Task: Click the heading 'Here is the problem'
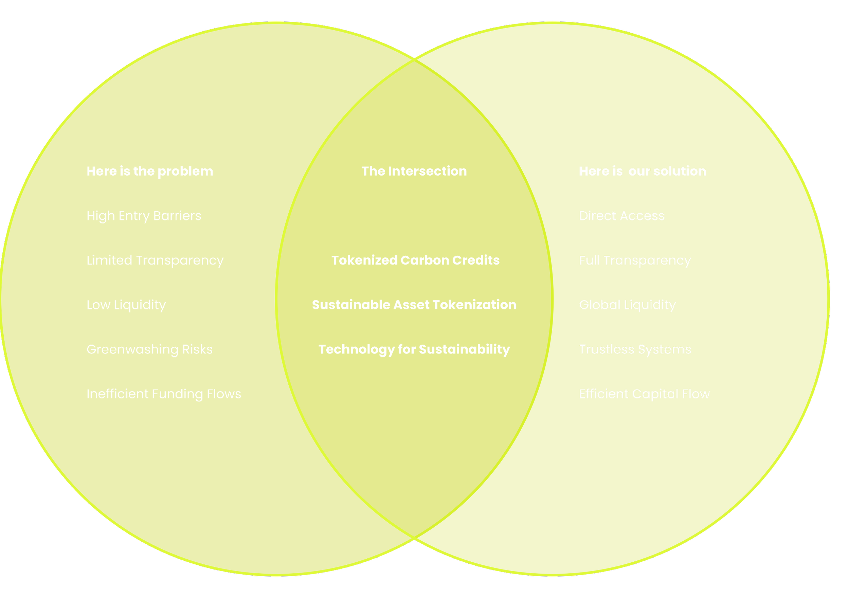(x=150, y=171)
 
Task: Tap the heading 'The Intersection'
(x=414, y=171)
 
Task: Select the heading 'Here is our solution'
(x=642, y=171)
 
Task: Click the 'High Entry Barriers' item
(x=144, y=216)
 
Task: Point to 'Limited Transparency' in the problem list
(x=155, y=260)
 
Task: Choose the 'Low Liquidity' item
(x=126, y=305)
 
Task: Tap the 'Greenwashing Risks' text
(x=149, y=349)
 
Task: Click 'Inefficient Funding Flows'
(x=164, y=394)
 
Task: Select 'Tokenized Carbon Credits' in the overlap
(x=415, y=260)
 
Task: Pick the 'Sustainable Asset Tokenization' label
(x=414, y=305)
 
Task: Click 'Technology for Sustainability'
(x=414, y=349)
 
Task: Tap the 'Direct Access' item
(x=621, y=216)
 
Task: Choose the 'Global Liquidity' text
(x=627, y=305)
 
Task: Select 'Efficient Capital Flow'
(x=644, y=394)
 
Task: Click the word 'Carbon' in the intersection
(x=424, y=260)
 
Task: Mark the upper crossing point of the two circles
(x=415, y=59)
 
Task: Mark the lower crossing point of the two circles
(x=415, y=539)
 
